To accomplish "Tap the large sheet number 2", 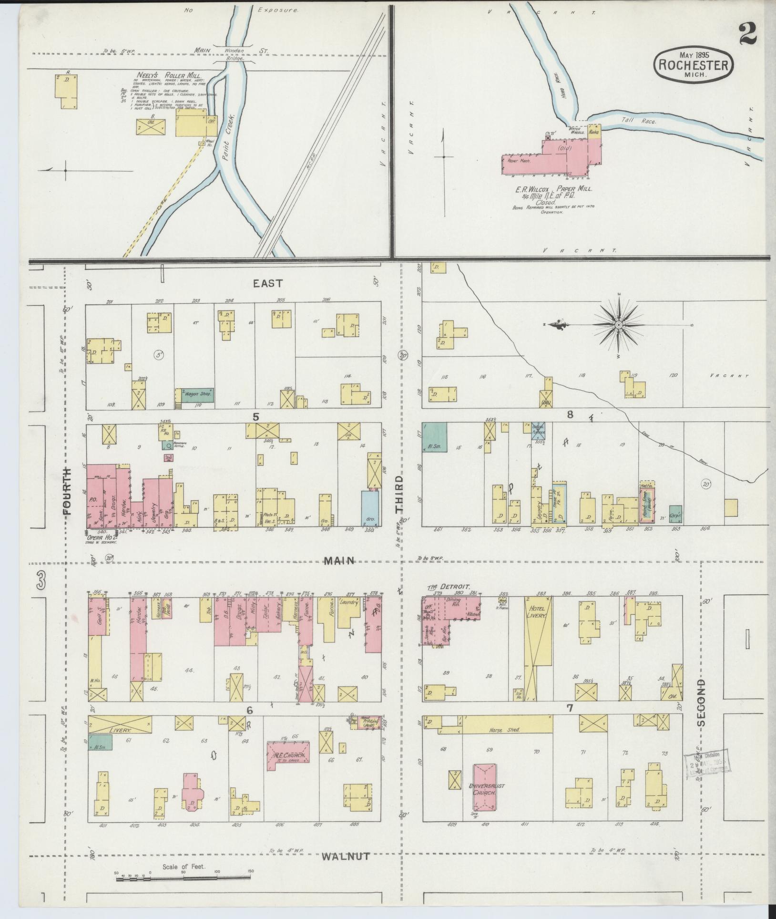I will [750, 33].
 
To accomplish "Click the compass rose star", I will [618, 325].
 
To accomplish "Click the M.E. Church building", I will [288, 755].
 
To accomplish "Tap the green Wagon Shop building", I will [194, 394].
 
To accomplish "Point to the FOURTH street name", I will [67, 491].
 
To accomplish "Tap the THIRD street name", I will [399, 494].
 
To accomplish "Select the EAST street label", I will [267, 283].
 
